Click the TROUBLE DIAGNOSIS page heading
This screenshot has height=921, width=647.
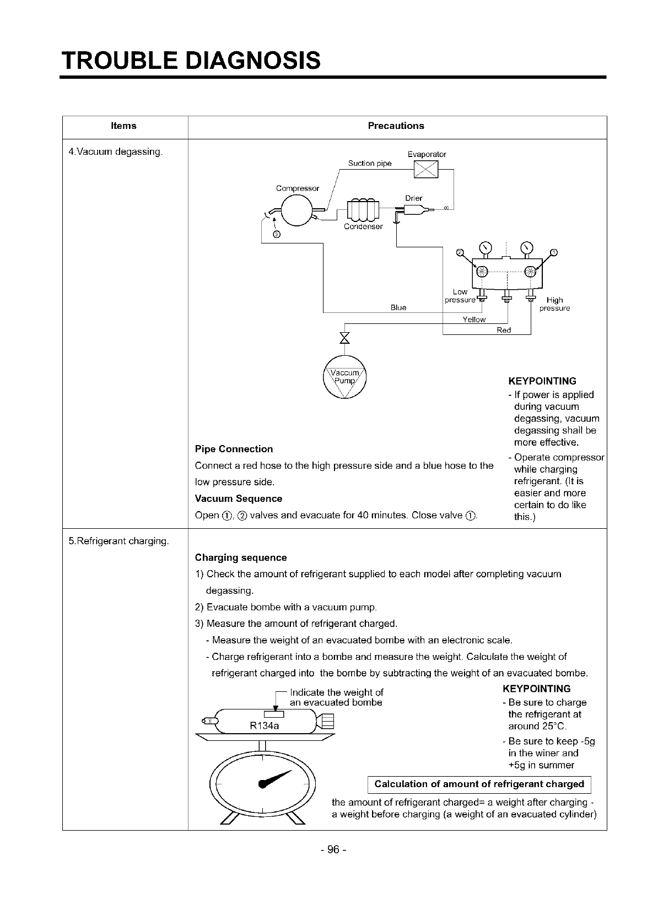(191, 60)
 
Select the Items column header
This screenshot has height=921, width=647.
(123, 126)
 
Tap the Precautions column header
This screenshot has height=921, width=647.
(396, 126)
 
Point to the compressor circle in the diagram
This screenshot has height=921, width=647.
(297, 209)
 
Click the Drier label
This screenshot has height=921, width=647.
(413, 198)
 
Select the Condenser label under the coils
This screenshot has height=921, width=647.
(363, 226)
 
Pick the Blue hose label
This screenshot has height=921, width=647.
(398, 307)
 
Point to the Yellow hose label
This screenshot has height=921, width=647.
(474, 319)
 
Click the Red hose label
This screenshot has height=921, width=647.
(504, 330)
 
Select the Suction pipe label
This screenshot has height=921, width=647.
(370, 163)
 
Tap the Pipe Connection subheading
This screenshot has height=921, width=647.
(234, 449)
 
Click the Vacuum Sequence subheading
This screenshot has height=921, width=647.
(239, 499)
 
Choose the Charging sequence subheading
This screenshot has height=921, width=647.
(241, 557)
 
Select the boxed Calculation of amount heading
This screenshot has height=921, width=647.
(479, 784)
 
